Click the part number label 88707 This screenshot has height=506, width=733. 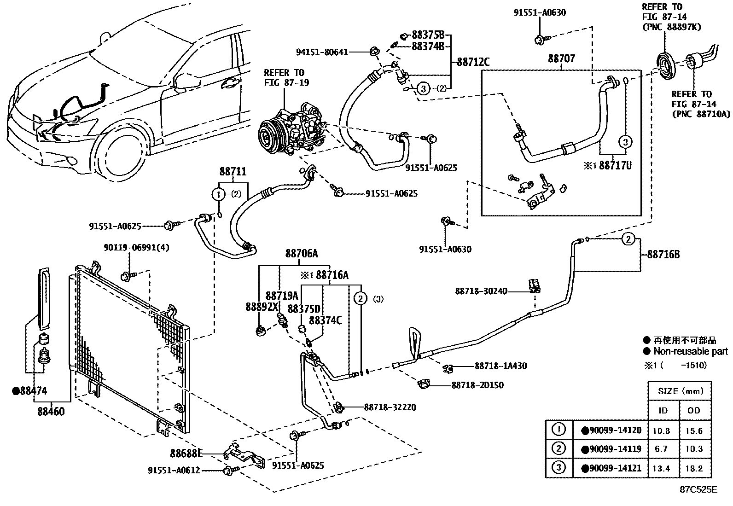coord(561,59)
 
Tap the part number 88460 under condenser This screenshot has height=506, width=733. coord(51,411)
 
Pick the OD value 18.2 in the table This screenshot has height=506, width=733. coord(693,468)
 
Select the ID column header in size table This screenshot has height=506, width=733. coord(663,410)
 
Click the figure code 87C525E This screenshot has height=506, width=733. coord(698,489)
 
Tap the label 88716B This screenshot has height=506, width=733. coord(663,254)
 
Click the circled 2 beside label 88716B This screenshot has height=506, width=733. coord(628,239)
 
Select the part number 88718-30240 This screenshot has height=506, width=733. coord(481,291)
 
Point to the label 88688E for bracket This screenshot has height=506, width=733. coord(186,454)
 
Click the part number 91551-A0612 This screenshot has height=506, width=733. coord(174,470)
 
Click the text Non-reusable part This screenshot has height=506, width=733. coord(691,351)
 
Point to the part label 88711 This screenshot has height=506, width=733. coord(233,172)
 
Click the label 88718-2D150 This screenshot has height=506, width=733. coord(477,385)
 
